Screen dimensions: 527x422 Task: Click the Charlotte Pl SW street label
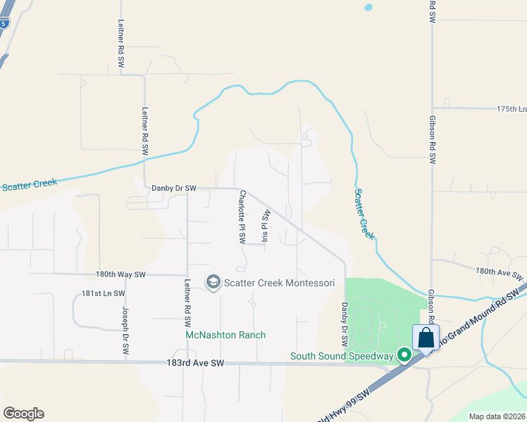[x=242, y=217]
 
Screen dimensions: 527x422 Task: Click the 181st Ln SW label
[x=103, y=293]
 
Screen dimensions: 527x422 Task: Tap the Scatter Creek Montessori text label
[x=279, y=283]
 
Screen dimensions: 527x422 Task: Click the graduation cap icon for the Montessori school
[x=212, y=282]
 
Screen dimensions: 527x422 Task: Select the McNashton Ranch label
[x=225, y=335]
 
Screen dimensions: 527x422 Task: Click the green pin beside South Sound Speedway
[x=404, y=355]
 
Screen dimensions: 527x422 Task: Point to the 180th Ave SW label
[x=500, y=272]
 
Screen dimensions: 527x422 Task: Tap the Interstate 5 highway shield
[x=4, y=23]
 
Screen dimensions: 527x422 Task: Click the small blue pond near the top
[x=367, y=8]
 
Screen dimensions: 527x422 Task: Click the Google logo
[x=23, y=414]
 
